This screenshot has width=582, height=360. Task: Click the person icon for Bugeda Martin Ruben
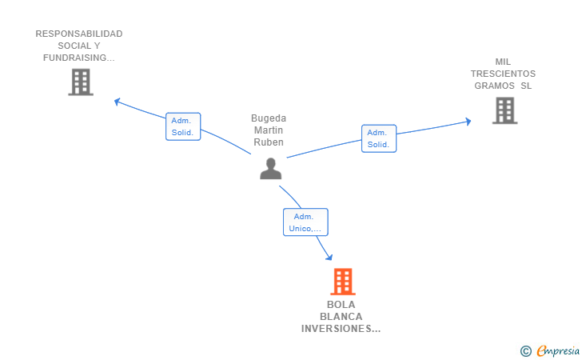point(271,169)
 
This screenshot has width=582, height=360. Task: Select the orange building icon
point(342,282)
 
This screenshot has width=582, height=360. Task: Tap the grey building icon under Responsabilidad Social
point(81,82)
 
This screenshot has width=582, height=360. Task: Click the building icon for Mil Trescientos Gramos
point(504,110)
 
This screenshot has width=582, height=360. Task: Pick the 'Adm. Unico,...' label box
point(305,222)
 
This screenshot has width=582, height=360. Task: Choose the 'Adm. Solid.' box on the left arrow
point(182,126)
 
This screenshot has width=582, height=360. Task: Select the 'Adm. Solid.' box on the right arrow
point(378,138)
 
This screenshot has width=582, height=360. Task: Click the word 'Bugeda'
point(269,118)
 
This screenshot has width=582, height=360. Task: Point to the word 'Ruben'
point(269,142)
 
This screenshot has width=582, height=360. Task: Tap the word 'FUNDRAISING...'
point(79,58)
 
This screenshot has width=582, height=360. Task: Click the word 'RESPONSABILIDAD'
point(79,34)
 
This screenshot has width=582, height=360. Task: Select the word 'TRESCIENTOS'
point(503,74)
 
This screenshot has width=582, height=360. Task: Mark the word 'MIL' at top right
point(503,62)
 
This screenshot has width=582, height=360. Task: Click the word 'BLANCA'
point(341,316)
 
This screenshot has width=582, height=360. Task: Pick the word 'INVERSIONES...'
point(341,328)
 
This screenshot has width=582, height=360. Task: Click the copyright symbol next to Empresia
point(525,350)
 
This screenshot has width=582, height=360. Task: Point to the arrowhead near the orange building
point(329,257)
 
